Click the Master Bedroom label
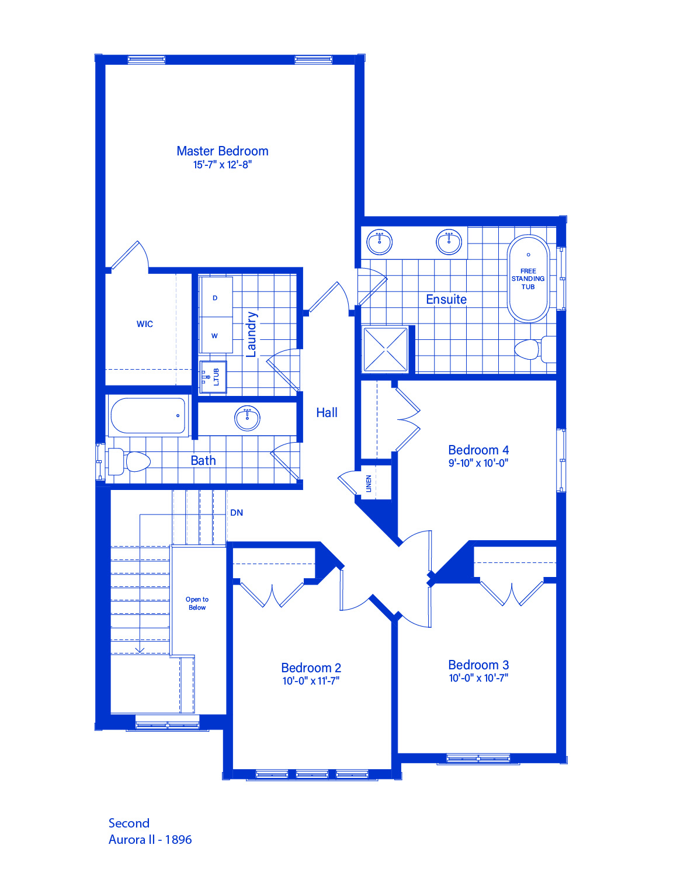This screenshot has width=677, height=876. (222, 151)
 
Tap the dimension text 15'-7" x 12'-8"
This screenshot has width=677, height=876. (222, 165)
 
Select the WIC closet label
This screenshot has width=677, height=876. (145, 324)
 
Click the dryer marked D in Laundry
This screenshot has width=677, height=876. (216, 297)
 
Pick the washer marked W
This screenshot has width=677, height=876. (216, 335)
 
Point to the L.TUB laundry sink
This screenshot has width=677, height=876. (213, 377)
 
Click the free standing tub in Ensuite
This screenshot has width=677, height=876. (528, 278)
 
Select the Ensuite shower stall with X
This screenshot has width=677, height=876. (386, 349)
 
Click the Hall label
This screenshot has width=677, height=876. (327, 412)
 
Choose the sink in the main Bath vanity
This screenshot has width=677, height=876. (247, 418)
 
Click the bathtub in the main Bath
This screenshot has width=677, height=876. (148, 416)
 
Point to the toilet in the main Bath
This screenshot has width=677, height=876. (129, 461)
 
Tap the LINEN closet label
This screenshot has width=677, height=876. (368, 484)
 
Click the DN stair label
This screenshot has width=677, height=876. (237, 513)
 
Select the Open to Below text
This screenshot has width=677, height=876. (197, 603)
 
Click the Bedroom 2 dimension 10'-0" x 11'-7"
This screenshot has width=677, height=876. (311, 681)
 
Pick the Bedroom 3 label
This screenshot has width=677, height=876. (478, 665)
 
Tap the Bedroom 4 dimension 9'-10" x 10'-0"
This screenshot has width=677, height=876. (478, 463)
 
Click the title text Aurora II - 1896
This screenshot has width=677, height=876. (150, 839)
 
